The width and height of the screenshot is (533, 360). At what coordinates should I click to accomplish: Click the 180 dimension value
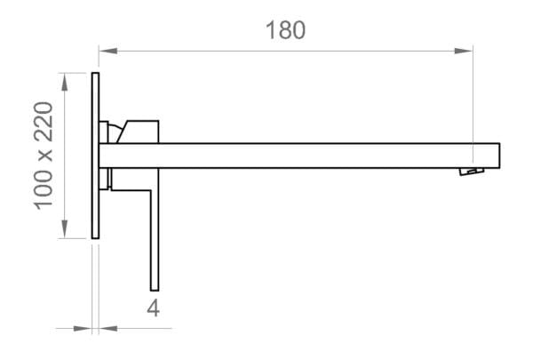(x=284, y=29)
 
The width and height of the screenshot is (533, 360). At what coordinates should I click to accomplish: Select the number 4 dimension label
(x=153, y=308)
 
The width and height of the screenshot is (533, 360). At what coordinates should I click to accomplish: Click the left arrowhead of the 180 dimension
(x=106, y=51)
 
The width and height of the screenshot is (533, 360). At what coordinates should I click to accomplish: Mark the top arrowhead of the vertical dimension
(x=63, y=80)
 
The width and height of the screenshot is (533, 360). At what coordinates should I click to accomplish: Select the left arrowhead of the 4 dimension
(x=84, y=329)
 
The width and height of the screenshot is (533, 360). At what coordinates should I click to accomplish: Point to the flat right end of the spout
(x=498, y=155)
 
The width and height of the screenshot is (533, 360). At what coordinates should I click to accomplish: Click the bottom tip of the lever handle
(x=154, y=287)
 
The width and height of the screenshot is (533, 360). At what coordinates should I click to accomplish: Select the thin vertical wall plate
(x=95, y=155)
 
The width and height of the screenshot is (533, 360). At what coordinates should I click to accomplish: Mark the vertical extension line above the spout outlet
(x=472, y=98)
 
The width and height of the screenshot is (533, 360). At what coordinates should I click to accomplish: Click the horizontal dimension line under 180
(x=284, y=51)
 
